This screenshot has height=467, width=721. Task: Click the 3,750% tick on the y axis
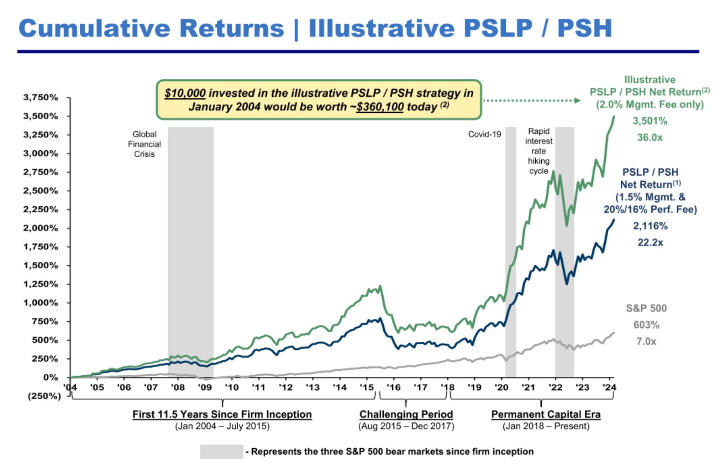point(40,98)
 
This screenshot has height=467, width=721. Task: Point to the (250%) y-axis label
point(44,396)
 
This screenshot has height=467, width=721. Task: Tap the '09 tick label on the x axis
point(204,387)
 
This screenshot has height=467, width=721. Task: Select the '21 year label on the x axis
point(528,387)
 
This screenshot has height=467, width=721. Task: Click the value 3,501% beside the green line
point(650,121)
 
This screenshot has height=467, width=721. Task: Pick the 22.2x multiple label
point(650,243)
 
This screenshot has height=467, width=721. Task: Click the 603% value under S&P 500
point(646,325)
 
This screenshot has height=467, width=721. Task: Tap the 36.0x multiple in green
point(650,137)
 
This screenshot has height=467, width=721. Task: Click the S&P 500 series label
point(646,308)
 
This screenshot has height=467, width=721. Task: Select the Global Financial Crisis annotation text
point(144,144)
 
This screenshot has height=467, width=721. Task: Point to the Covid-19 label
point(484,134)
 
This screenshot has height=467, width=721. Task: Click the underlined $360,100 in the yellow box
point(380,107)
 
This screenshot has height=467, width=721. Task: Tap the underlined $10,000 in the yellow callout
point(185,93)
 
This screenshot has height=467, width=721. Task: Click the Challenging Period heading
point(406,414)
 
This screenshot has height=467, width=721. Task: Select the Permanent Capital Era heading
point(546,414)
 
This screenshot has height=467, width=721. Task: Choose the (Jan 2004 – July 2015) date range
point(222,426)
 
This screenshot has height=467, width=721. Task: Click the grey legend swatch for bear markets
point(221,452)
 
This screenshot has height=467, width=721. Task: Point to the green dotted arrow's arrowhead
point(577,100)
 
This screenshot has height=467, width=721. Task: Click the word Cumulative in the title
point(94,28)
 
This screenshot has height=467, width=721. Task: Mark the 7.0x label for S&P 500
point(646,342)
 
